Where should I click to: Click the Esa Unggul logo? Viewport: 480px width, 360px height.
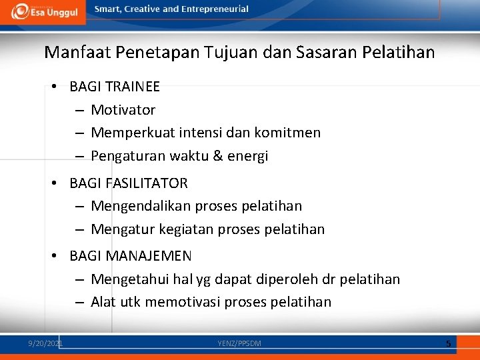point(44,12)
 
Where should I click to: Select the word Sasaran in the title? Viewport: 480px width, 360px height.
point(337,51)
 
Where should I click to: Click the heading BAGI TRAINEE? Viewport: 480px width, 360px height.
point(115,87)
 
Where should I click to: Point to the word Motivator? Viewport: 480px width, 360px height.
point(123,110)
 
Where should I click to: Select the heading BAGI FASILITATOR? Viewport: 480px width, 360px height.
point(129,183)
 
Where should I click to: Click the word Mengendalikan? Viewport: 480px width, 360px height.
point(139,206)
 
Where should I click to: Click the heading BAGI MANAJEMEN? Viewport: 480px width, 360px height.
point(131,256)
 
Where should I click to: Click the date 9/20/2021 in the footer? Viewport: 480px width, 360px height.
point(45,343)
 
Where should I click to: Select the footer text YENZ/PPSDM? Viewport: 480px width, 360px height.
point(239,343)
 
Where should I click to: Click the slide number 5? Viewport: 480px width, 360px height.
point(449,343)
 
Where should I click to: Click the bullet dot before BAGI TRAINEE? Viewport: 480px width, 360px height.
point(53,87)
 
